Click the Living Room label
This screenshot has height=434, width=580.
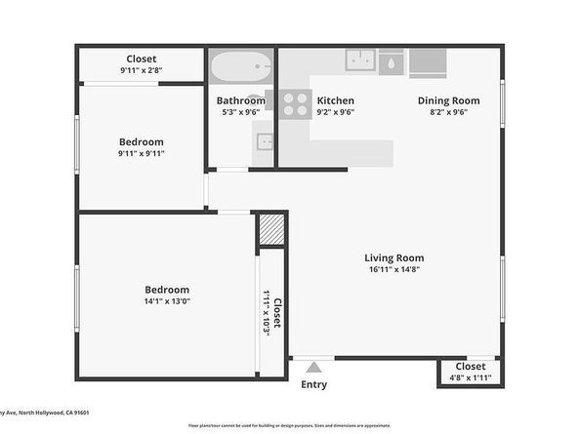click(x=395, y=258)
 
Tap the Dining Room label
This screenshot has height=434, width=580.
click(x=448, y=100)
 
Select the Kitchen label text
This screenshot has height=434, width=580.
click(x=335, y=100)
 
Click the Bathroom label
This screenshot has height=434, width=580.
click(x=240, y=100)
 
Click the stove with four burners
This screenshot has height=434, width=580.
click(x=295, y=104)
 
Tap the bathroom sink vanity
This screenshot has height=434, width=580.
click(x=265, y=142)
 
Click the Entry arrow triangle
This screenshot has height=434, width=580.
click(x=313, y=368)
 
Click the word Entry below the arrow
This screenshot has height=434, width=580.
click(x=313, y=384)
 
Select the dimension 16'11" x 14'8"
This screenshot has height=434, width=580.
click(x=395, y=270)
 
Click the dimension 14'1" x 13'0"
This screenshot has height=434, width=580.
click(x=167, y=301)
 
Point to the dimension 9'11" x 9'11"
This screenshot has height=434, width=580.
click(x=141, y=153)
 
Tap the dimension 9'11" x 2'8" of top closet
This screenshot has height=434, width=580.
click(x=141, y=71)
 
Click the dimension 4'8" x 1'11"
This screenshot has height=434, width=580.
click(x=470, y=378)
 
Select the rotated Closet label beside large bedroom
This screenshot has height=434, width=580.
click(x=276, y=313)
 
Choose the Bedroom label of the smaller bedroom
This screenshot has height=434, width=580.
click(x=141, y=141)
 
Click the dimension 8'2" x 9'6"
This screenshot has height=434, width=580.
click(x=448, y=112)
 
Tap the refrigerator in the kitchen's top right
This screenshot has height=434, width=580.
click(x=427, y=61)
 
